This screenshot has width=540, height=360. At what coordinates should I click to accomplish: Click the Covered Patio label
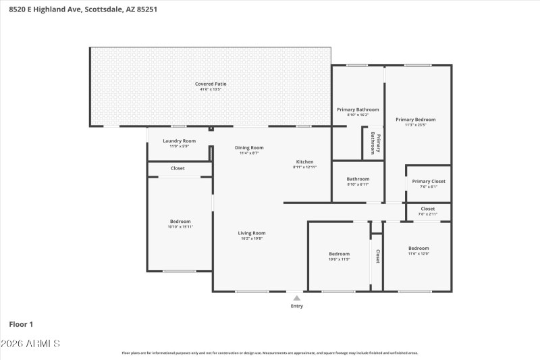(x=211, y=84)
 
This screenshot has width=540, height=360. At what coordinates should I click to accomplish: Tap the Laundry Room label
(x=180, y=140)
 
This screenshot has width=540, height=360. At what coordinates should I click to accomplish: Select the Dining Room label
(x=249, y=147)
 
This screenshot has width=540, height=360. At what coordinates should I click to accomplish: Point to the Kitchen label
(x=304, y=161)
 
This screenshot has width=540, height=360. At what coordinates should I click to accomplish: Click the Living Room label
(x=251, y=233)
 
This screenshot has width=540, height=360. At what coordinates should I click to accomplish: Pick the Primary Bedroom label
(x=415, y=120)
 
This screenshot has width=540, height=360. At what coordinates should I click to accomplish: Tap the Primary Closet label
(x=429, y=181)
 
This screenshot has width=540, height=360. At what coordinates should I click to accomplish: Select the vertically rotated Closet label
(x=377, y=256)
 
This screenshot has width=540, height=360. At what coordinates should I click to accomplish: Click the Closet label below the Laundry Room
(x=178, y=168)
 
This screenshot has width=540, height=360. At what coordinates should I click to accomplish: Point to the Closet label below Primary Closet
(x=428, y=209)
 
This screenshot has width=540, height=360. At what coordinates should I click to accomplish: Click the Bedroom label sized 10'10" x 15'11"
(x=180, y=222)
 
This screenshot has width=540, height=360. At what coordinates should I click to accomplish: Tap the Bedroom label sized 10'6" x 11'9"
(x=339, y=253)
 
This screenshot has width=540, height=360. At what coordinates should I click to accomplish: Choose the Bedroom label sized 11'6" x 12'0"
(x=418, y=248)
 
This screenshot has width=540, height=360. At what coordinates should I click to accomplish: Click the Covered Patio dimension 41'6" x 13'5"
(x=211, y=89)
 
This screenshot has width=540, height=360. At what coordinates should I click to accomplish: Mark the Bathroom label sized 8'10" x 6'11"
(x=358, y=179)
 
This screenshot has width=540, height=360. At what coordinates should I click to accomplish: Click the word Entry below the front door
(x=297, y=306)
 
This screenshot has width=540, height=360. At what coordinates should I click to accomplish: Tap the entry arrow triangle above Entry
(x=296, y=297)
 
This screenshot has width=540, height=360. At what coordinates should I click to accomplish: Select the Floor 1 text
(x=21, y=324)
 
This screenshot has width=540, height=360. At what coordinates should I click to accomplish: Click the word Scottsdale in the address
(x=104, y=9)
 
